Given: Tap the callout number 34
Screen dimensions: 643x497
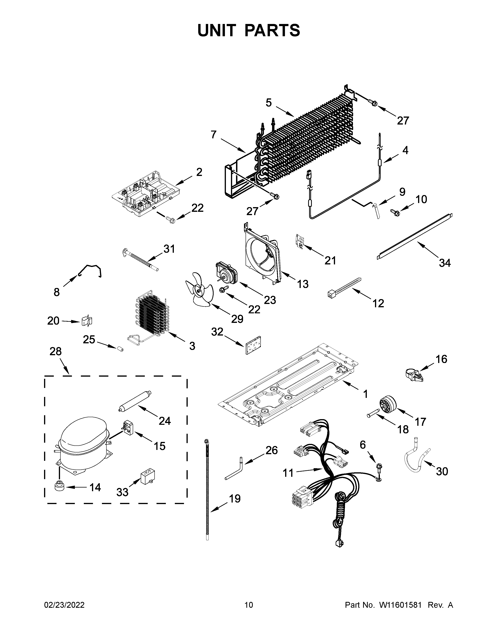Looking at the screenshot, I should tap(445, 263).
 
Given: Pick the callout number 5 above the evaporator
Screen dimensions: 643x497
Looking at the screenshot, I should tap(269, 103).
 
